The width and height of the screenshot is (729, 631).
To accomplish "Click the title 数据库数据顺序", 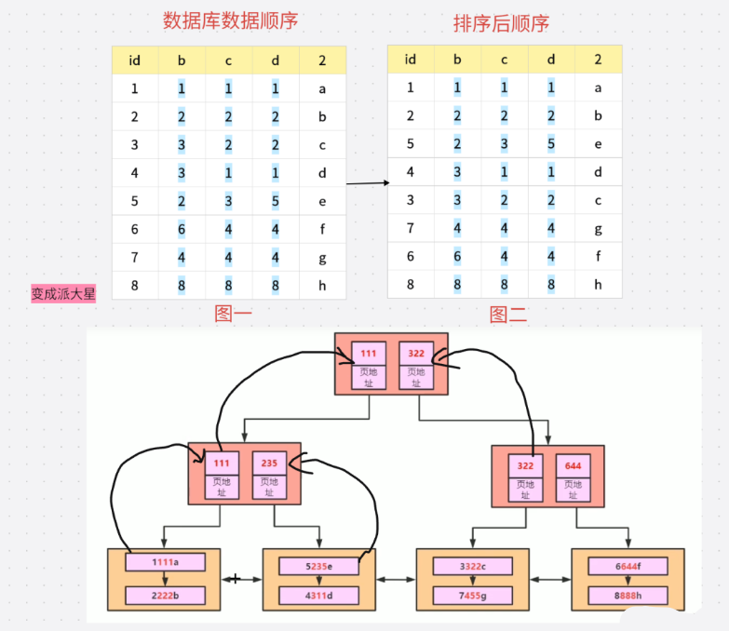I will pos(230,20).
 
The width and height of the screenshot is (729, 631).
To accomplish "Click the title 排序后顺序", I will pos(501,23).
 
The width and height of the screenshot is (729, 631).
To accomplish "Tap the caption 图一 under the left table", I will pos(234,315).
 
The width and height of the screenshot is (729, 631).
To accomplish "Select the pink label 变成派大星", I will pos(64,294).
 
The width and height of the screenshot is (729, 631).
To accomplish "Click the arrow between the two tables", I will pos(367,183).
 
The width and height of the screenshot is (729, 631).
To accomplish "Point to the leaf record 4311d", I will pos(318,596).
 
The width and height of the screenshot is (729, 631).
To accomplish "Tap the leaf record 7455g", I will pos(472,596).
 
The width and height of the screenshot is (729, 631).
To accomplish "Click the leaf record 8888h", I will pos(628,596).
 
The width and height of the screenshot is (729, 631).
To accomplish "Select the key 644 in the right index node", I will pos(574,465).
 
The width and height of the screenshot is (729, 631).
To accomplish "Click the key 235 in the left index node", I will pos(269,463).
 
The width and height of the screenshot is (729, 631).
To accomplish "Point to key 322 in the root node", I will pos(416,354).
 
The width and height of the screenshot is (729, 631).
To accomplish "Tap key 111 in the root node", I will pos(368,354).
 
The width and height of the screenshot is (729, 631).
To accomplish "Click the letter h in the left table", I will pos(322,286).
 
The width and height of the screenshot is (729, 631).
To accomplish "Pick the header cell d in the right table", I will pos(551,60).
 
